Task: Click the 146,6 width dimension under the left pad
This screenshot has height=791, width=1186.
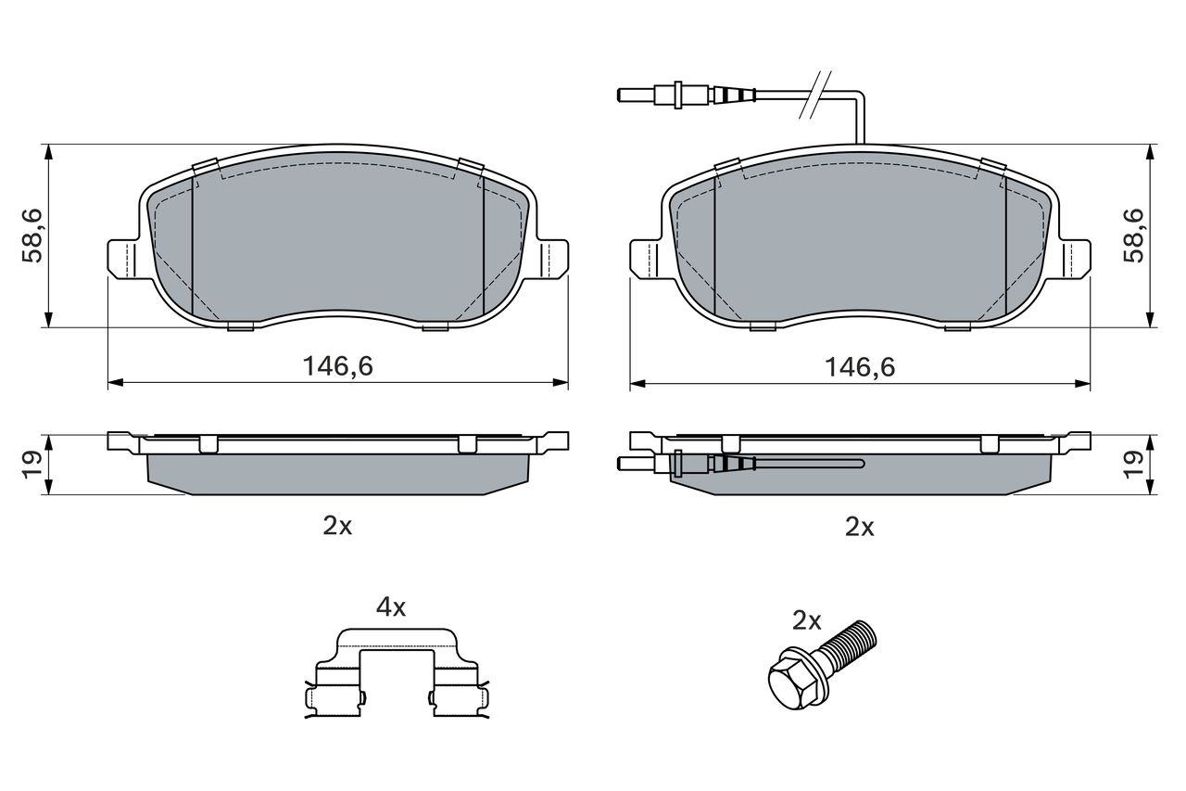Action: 338,366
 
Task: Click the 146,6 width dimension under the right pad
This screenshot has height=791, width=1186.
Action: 860,367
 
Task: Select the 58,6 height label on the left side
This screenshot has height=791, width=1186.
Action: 32,236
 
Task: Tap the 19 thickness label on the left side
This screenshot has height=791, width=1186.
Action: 32,465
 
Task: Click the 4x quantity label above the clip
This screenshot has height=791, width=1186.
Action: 391,607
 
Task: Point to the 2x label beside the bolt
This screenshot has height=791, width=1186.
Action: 806,620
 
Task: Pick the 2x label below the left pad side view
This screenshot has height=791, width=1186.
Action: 337,526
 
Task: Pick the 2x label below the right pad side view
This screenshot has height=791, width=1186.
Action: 859,527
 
